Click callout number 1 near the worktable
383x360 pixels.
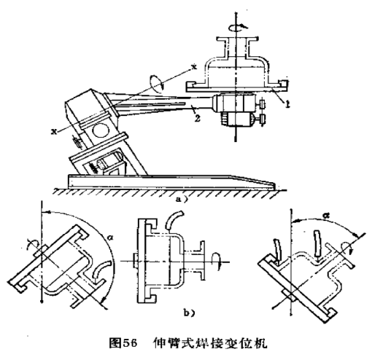(287, 104)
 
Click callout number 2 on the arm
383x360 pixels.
(198, 118)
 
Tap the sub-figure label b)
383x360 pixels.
(189, 313)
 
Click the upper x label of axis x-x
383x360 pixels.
(194, 66)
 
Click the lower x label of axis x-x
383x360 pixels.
(53, 131)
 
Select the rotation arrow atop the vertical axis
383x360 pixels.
(238, 27)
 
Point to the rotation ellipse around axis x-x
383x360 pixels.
(157, 84)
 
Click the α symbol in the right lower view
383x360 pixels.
(325, 215)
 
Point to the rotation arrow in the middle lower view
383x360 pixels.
(217, 261)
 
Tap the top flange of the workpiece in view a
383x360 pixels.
(237, 39)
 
